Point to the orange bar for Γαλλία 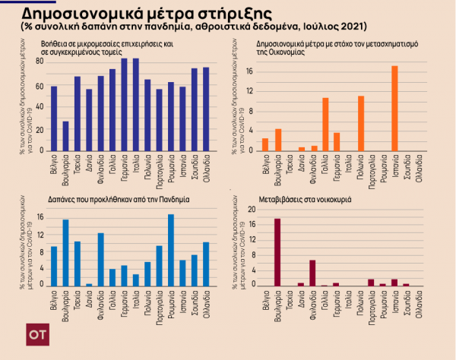(325, 124)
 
